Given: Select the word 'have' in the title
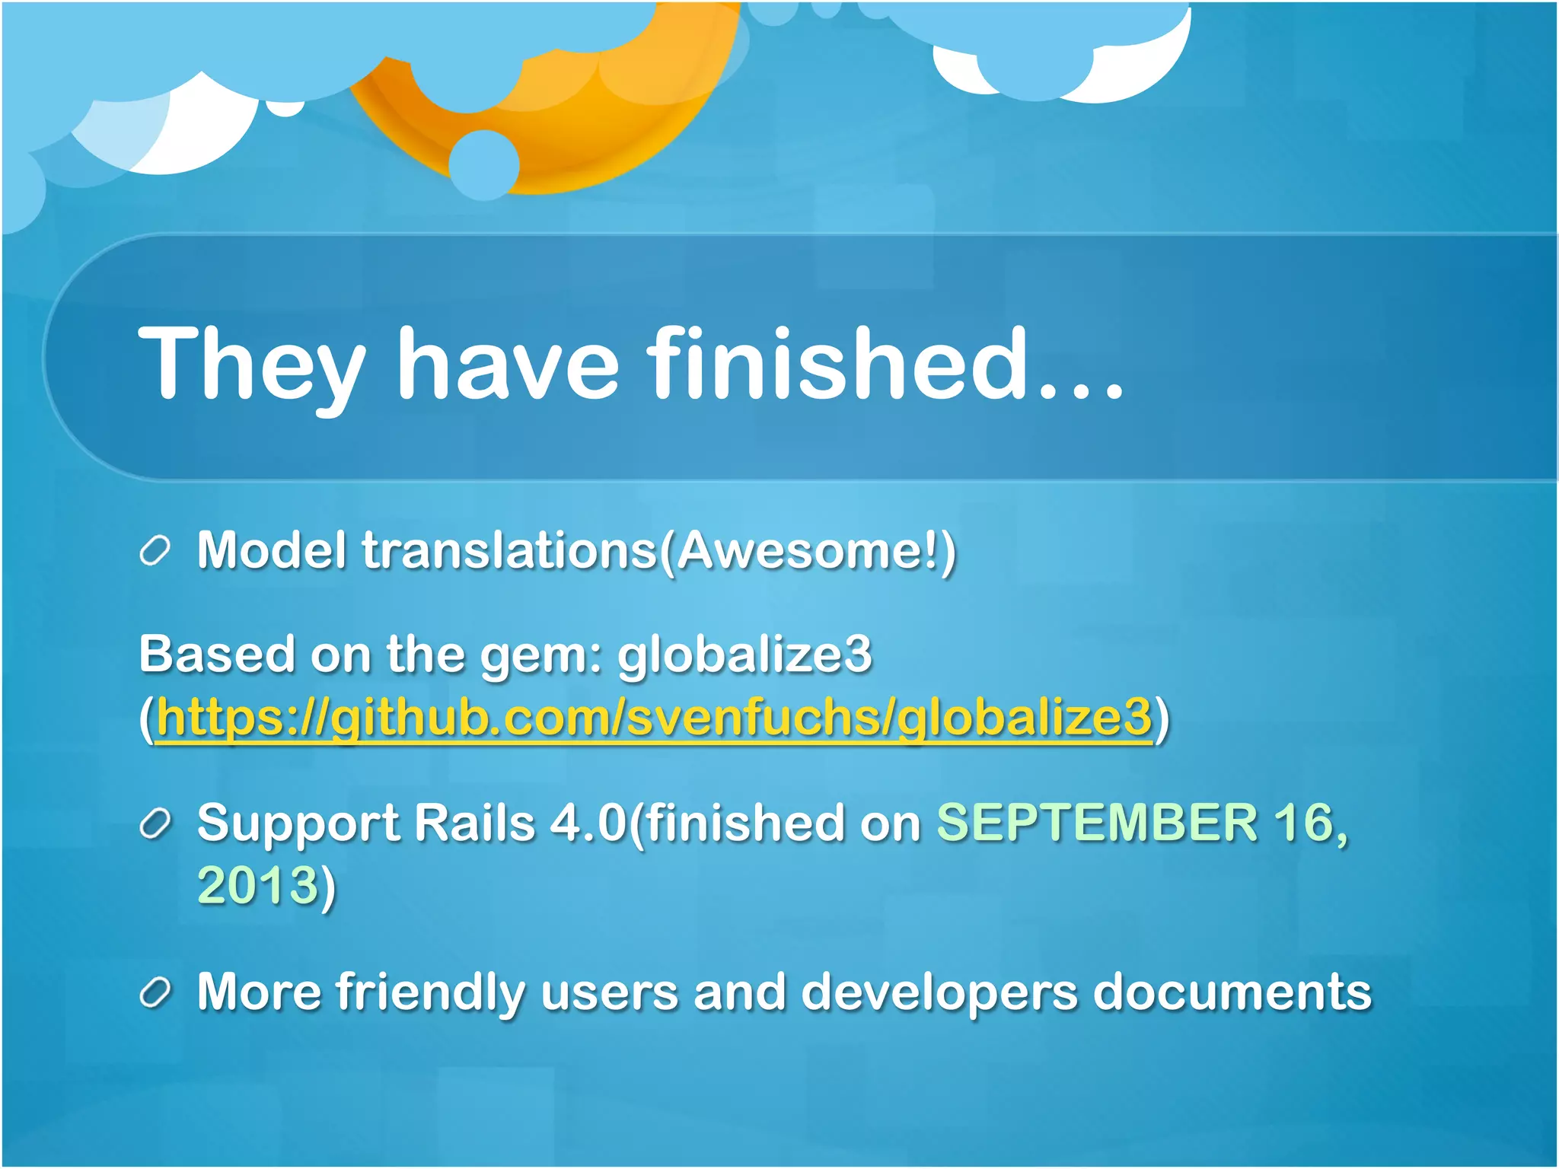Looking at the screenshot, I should pos(508,364).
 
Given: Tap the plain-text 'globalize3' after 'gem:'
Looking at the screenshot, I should pos(744,655).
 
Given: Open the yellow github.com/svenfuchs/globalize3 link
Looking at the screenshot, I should pos(654,717).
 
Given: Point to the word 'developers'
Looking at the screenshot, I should pos(939,993).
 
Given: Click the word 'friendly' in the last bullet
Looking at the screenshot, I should pos(430,993).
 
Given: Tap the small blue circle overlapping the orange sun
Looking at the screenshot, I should pos(483,164).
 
